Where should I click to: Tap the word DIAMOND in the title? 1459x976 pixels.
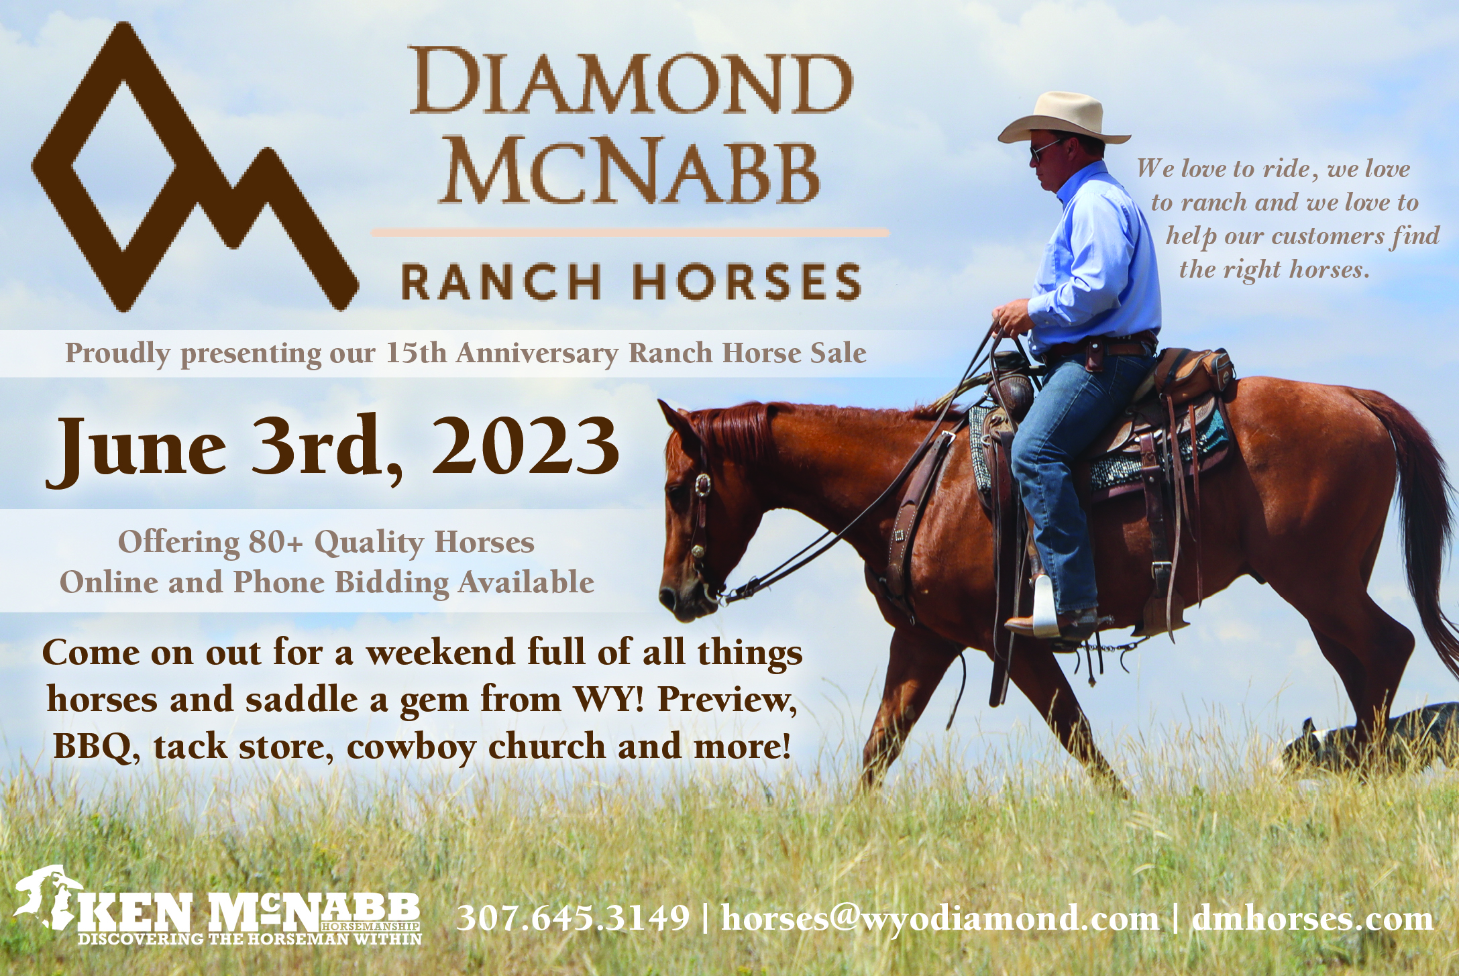pyautogui.click(x=631, y=81)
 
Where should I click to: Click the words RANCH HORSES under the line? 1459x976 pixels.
pyautogui.click(x=631, y=282)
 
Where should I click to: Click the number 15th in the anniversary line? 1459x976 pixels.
pyautogui.click(x=416, y=353)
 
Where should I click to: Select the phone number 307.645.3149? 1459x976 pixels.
pyautogui.click(x=574, y=918)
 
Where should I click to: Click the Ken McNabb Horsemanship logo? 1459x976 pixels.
pyautogui.click(x=218, y=906)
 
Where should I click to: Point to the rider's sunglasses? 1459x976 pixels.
pyautogui.click(x=1043, y=152)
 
